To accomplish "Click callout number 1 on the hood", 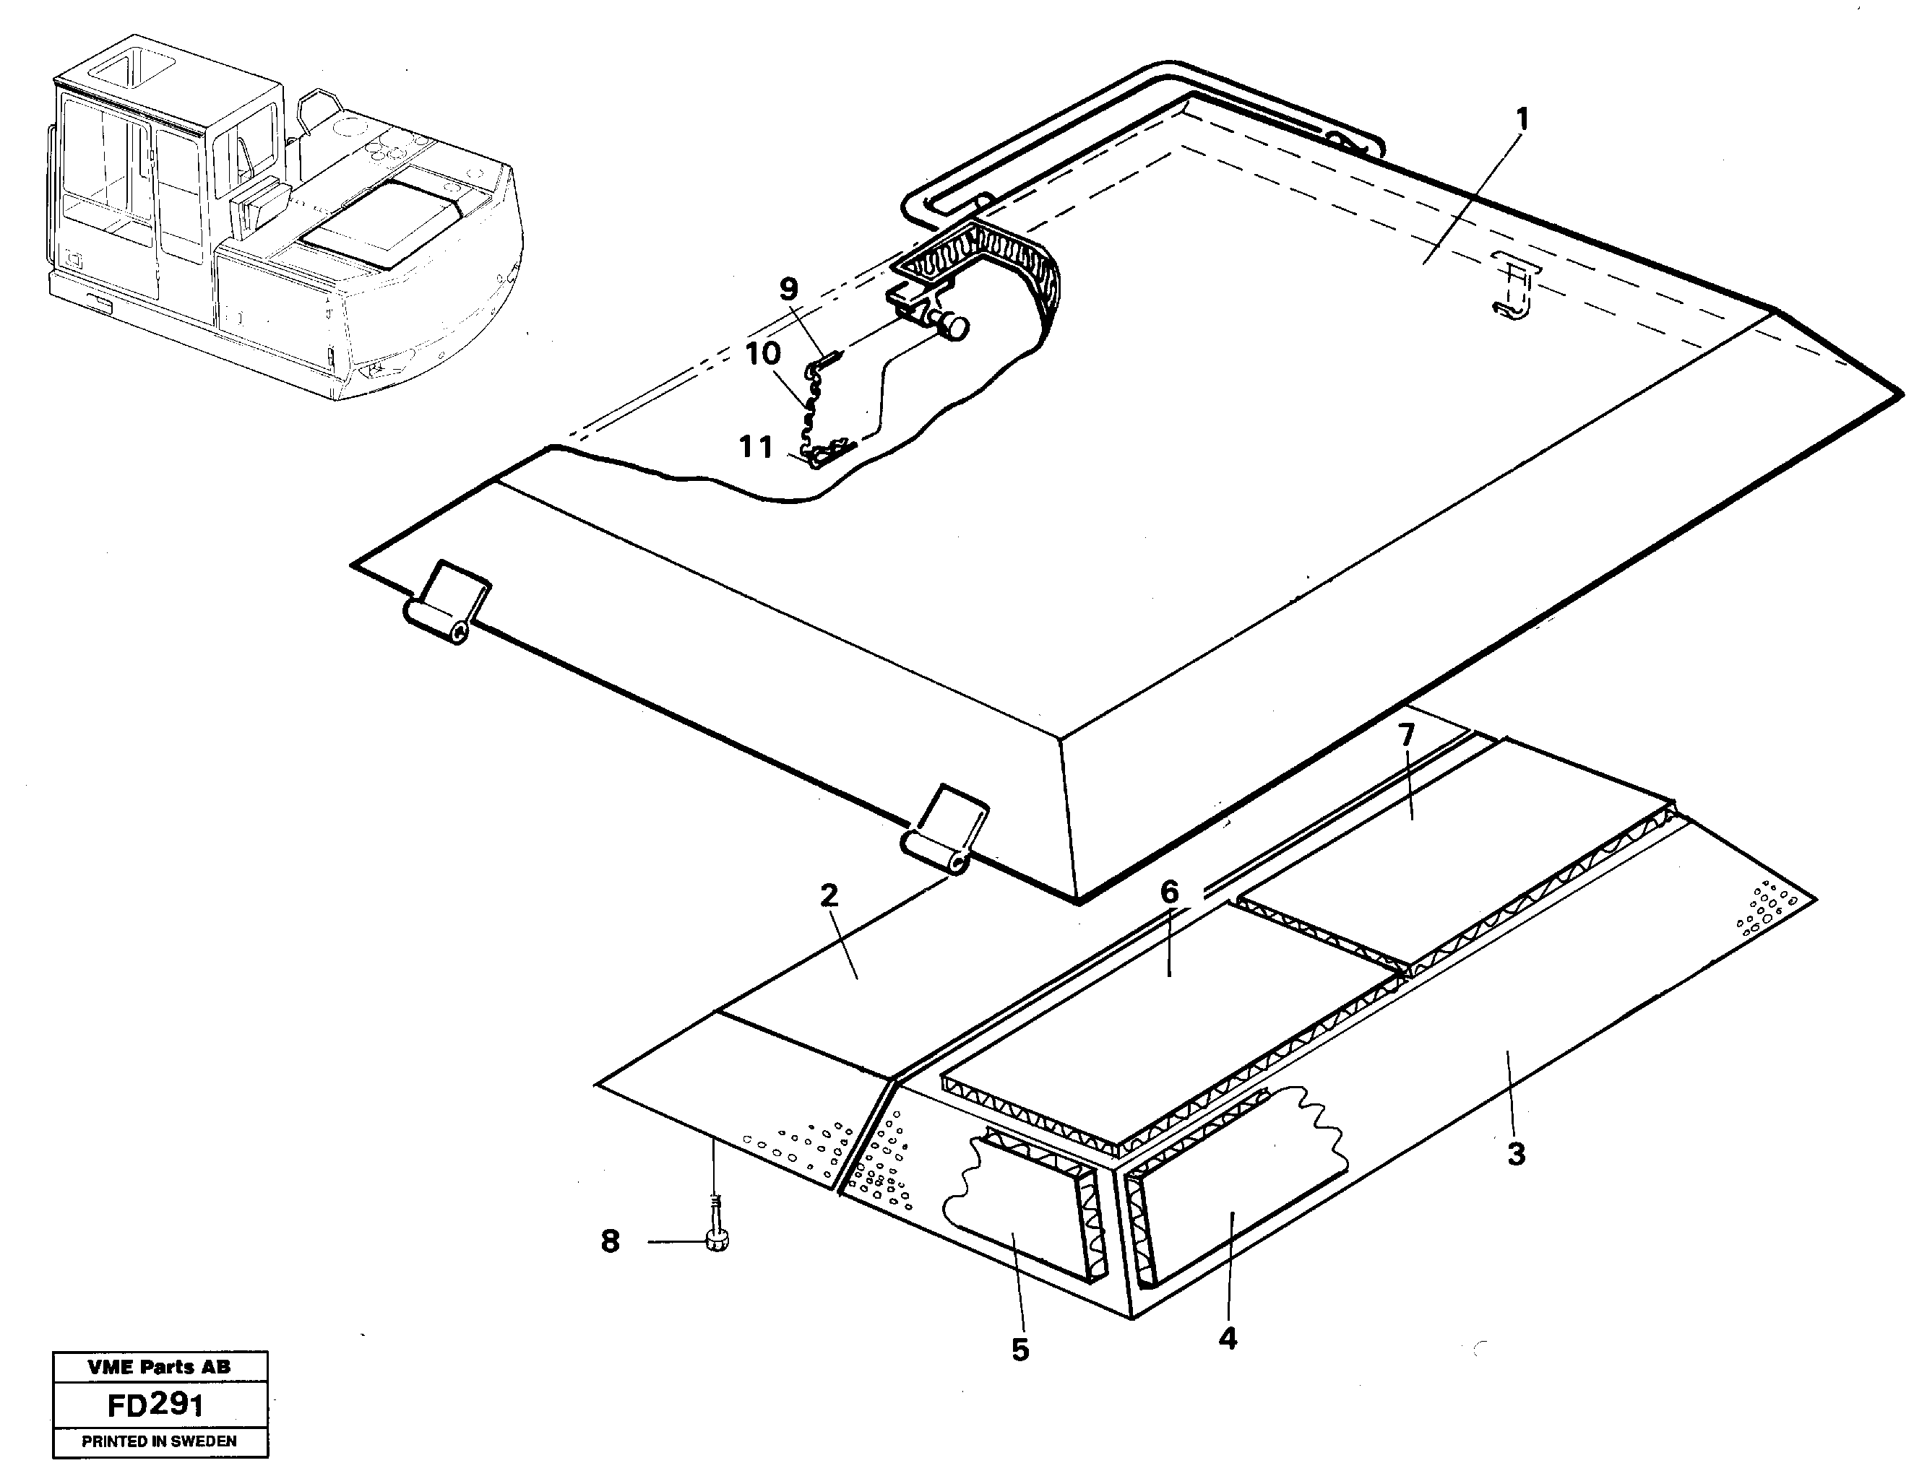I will [x=1522, y=120].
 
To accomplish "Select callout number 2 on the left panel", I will [x=829, y=895].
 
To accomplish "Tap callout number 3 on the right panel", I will [x=1516, y=1155].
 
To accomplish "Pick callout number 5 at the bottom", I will [x=1020, y=1350].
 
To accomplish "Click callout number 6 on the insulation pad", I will [x=1169, y=891].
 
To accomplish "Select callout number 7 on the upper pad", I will [x=1407, y=735].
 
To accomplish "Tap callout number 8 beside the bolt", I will [x=610, y=1241].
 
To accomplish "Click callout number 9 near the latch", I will [x=788, y=289].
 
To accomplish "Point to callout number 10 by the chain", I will [x=762, y=354].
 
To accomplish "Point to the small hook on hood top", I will [x=1513, y=296].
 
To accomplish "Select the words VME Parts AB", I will [x=160, y=1367].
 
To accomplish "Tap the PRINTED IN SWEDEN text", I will [x=160, y=1441].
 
